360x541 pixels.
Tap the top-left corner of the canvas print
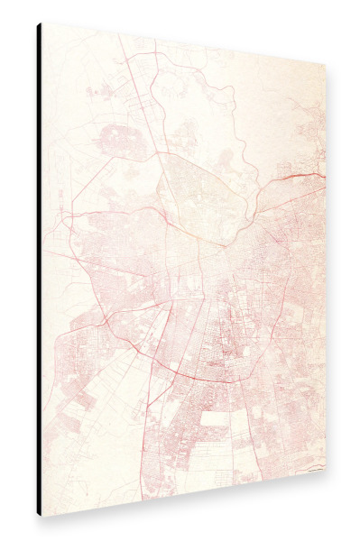tap(42, 23)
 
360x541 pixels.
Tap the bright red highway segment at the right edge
tap(307, 173)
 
